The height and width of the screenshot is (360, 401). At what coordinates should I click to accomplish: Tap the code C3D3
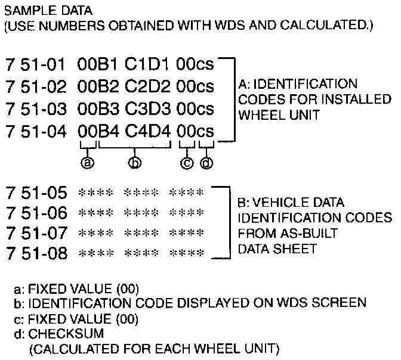coord(147,108)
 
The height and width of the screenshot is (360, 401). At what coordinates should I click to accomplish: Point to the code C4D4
coord(147,131)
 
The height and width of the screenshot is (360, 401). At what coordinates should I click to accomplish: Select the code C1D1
coord(147,63)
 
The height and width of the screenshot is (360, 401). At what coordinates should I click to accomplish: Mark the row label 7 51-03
coord(35,108)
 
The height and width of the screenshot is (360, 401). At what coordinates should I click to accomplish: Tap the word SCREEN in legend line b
coord(344,303)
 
